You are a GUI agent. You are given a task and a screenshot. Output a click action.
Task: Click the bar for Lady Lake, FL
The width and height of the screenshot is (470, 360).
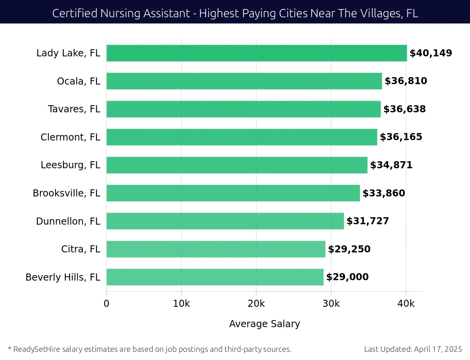tap(257, 53)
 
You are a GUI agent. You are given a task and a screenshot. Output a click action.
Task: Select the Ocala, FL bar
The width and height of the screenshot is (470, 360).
tap(244, 81)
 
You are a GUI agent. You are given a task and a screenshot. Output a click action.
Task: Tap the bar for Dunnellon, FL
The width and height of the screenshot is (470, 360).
tap(225, 221)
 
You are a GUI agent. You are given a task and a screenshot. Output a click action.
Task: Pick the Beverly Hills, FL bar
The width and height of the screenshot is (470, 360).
tap(215, 277)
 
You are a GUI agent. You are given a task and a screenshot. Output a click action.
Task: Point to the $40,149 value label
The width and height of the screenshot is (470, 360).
tap(431, 53)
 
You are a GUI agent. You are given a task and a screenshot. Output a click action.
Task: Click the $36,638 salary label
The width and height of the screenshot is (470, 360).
tap(404, 109)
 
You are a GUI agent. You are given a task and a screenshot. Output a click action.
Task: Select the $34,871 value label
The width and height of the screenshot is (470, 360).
tap(391, 165)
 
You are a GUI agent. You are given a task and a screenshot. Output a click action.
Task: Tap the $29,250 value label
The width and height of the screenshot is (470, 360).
tap(349, 249)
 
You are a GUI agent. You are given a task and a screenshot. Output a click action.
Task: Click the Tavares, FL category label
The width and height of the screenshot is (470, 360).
tap(74, 109)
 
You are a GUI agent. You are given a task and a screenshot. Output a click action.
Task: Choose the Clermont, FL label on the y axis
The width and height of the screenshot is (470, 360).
tap(70, 137)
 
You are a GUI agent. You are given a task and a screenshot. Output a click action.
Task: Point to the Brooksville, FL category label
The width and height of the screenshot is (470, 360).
tap(67, 193)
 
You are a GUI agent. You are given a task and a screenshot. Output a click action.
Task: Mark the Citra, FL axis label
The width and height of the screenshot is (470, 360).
tap(81, 249)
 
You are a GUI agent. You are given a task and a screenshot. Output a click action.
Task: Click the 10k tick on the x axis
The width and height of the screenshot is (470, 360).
tap(181, 303)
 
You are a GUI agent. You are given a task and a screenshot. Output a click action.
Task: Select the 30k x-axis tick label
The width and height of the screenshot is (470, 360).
tap(331, 303)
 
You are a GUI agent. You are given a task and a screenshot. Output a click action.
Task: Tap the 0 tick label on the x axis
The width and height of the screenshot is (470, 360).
tap(107, 303)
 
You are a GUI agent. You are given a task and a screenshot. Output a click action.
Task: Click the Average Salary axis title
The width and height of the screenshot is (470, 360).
tap(264, 324)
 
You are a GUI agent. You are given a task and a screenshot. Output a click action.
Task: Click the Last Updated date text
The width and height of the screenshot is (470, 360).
tap(413, 349)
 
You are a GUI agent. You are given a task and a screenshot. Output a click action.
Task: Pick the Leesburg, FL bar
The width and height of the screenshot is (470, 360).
tap(237, 165)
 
